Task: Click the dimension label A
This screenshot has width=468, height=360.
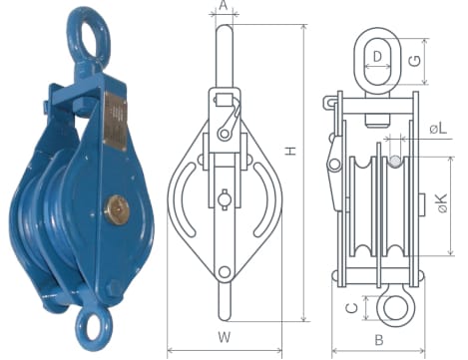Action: (x=224, y=5)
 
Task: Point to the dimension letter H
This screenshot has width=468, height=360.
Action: (x=291, y=151)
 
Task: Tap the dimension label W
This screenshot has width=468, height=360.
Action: (x=225, y=337)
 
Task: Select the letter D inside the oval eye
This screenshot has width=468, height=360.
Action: (x=377, y=57)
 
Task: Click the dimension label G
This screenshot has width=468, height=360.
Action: (x=415, y=61)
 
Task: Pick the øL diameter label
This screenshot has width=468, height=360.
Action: (x=438, y=128)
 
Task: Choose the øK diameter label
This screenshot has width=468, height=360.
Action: (x=441, y=203)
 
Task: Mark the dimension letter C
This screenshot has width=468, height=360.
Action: (x=352, y=308)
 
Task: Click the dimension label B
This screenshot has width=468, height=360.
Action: (x=379, y=340)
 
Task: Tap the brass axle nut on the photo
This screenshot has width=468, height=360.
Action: (x=116, y=210)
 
